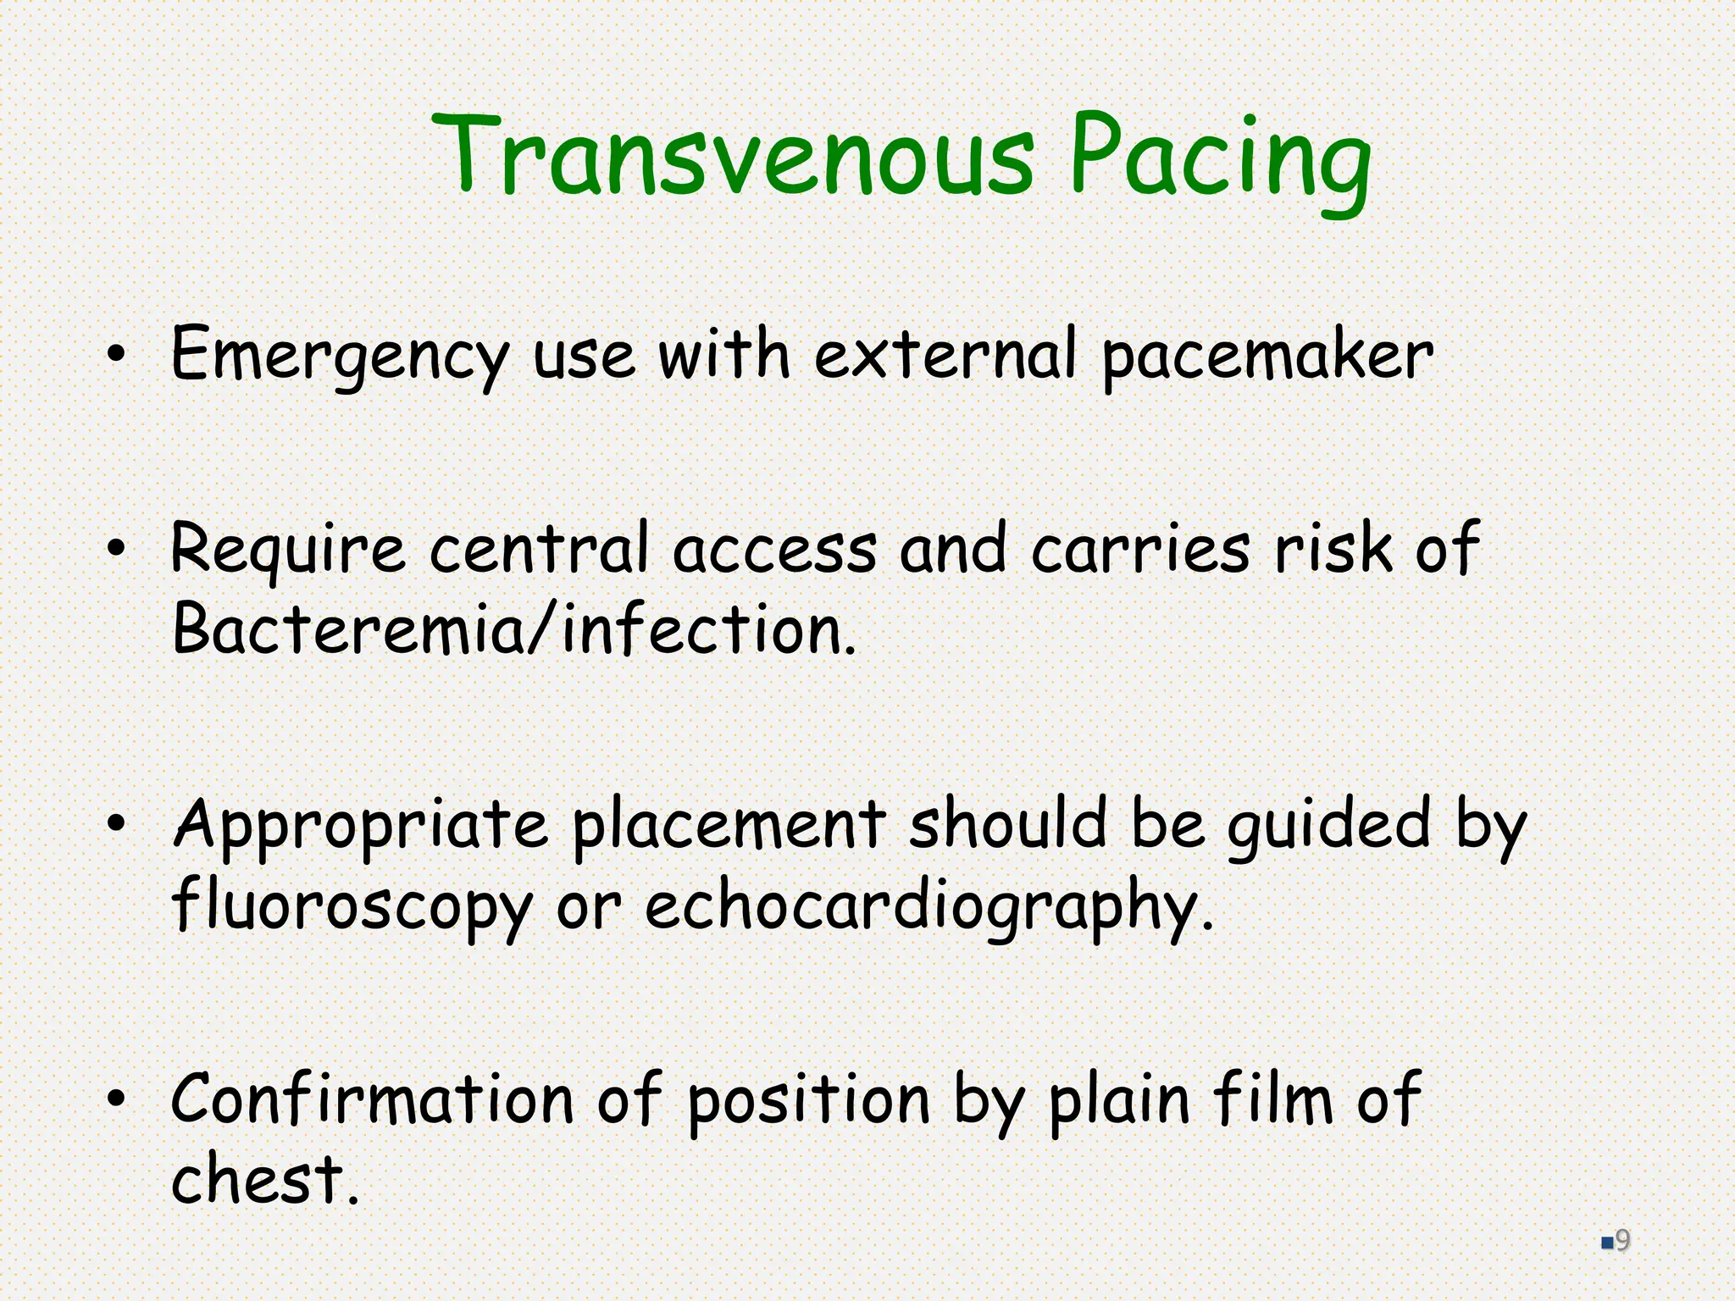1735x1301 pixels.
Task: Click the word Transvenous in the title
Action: point(733,157)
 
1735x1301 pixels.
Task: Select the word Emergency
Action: point(339,356)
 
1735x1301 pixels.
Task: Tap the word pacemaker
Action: point(1267,356)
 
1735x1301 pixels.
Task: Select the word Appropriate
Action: point(360,826)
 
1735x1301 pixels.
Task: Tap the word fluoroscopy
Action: point(352,906)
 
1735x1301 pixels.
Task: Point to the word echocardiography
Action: point(928,906)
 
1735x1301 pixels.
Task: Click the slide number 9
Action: point(1622,1241)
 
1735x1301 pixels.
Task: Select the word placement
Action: point(729,826)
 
